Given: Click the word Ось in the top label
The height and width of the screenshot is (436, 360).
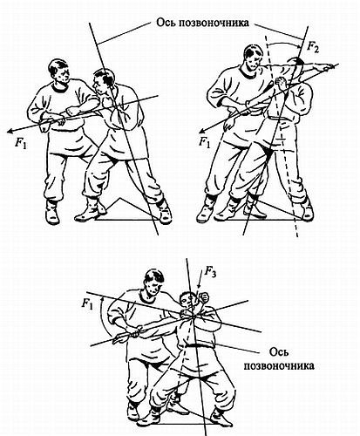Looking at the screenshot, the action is click(x=166, y=23).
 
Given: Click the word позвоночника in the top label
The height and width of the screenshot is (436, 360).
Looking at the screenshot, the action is click(x=214, y=23).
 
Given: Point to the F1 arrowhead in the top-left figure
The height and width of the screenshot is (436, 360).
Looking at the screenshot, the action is click(x=10, y=132).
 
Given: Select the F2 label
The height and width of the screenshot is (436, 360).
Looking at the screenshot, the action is click(x=312, y=47).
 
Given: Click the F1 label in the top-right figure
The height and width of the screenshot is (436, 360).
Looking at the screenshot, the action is click(x=204, y=142).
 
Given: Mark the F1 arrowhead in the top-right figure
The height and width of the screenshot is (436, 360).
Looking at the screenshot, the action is click(x=202, y=130).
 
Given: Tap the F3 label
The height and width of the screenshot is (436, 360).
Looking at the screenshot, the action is click(x=210, y=271).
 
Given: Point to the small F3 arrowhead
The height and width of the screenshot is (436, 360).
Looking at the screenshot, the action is click(x=199, y=287).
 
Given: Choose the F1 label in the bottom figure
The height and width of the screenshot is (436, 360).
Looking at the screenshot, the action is click(x=87, y=304).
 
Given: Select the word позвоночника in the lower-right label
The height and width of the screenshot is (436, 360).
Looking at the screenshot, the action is click(x=279, y=365).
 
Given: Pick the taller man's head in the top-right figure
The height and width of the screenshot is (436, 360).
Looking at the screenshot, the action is click(x=254, y=58).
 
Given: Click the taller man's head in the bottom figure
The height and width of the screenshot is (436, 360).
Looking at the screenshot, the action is click(x=154, y=282).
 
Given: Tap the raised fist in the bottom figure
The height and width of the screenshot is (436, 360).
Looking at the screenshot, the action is click(x=204, y=297).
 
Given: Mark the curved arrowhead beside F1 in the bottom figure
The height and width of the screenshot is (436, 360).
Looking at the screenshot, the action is click(x=102, y=299).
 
